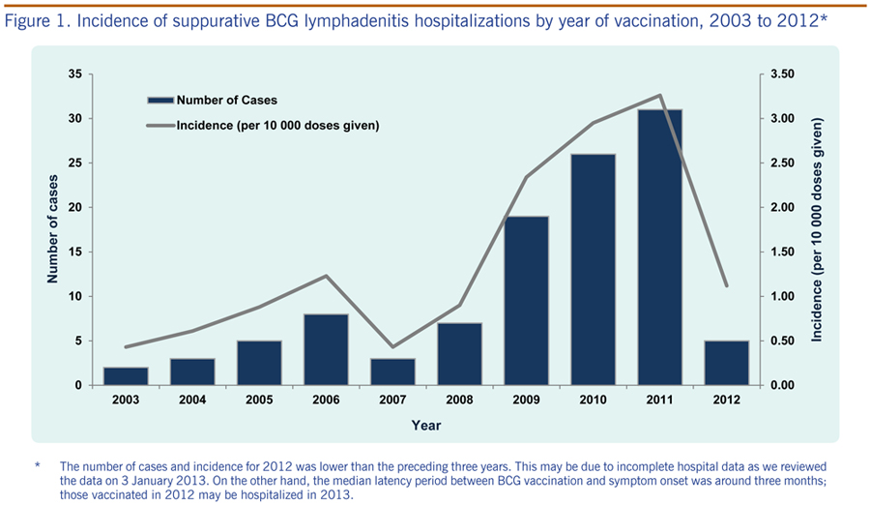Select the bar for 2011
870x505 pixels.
(659, 248)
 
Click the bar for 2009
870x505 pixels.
(526, 301)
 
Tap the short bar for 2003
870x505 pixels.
(126, 376)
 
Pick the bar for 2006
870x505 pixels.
(326, 349)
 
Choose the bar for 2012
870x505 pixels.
(726, 363)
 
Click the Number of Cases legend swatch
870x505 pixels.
(160, 101)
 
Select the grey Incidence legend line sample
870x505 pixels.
(160, 126)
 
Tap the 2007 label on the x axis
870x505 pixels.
(392, 400)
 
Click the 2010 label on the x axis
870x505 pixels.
(593, 400)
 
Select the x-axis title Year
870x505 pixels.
(426, 426)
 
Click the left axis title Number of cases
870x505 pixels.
(52, 229)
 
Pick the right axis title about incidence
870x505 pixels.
(816, 229)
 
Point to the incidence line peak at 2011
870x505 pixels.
(659, 95)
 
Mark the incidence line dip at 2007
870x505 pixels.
(392, 346)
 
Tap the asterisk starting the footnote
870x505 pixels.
(37, 465)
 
